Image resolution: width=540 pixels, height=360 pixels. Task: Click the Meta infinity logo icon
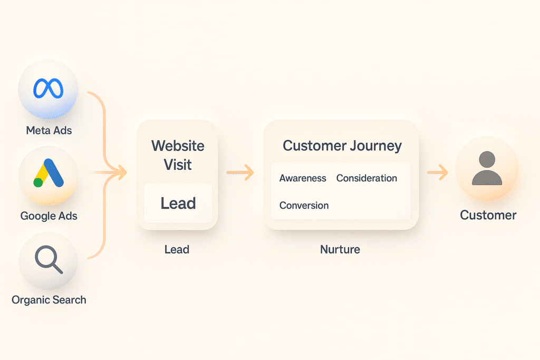click(x=48, y=89)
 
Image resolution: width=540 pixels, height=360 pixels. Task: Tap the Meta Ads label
click(x=49, y=130)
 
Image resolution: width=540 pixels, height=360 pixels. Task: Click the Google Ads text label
click(x=49, y=216)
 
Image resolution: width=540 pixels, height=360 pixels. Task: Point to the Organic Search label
click(x=49, y=300)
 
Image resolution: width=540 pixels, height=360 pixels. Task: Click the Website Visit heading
click(x=178, y=155)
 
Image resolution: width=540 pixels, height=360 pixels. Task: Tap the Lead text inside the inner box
click(x=178, y=203)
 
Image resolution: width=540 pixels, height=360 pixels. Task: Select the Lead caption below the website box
click(x=177, y=249)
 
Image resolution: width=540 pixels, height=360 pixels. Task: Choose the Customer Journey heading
click(x=342, y=146)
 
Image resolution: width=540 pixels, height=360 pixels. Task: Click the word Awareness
click(x=303, y=178)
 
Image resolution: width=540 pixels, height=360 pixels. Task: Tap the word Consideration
click(x=367, y=178)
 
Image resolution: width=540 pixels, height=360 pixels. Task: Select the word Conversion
click(x=304, y=206)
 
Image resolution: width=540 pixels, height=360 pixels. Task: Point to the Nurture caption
click(x=340, y=249)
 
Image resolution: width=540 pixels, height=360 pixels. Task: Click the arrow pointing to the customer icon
click(x=437, y=172)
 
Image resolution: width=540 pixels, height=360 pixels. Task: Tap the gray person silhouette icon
click(x=487, y=168)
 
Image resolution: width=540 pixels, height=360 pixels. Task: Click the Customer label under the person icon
click(x=488, y=215)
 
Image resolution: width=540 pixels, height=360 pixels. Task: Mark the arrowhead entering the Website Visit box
click(x=122, y=172)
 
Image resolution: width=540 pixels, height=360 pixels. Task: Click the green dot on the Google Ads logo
click(x=38, y=182)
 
